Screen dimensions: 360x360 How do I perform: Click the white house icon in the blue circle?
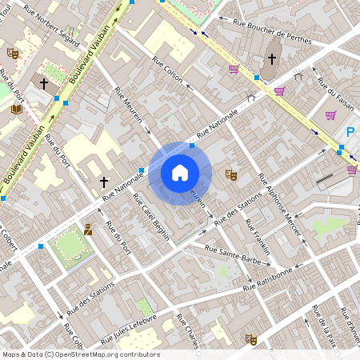[180, 172]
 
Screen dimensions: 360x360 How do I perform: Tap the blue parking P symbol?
[350, 133]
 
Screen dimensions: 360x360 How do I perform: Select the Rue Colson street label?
[162, 79]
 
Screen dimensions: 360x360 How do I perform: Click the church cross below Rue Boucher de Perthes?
[272, 58]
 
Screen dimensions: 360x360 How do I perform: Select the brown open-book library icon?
[17, 109]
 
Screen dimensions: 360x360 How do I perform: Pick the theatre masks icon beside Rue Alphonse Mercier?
[231, 173]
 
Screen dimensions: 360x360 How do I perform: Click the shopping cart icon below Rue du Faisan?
[330, 115]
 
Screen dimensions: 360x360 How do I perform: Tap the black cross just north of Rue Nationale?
[104, 182]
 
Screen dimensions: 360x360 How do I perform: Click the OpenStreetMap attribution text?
[81, 354]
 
